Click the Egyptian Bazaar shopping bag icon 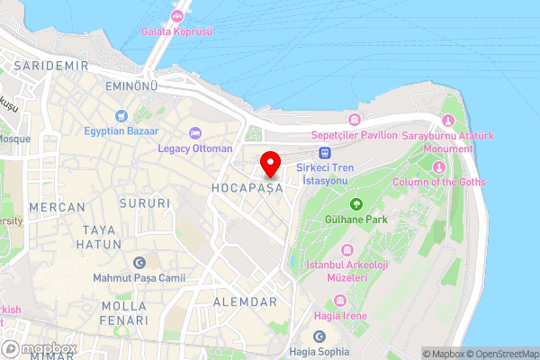121,116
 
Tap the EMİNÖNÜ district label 106,86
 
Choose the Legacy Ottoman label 194,148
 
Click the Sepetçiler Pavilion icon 354,120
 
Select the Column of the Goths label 439,183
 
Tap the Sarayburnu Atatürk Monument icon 448,121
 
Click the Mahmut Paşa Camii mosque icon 139,263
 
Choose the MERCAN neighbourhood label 57,207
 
